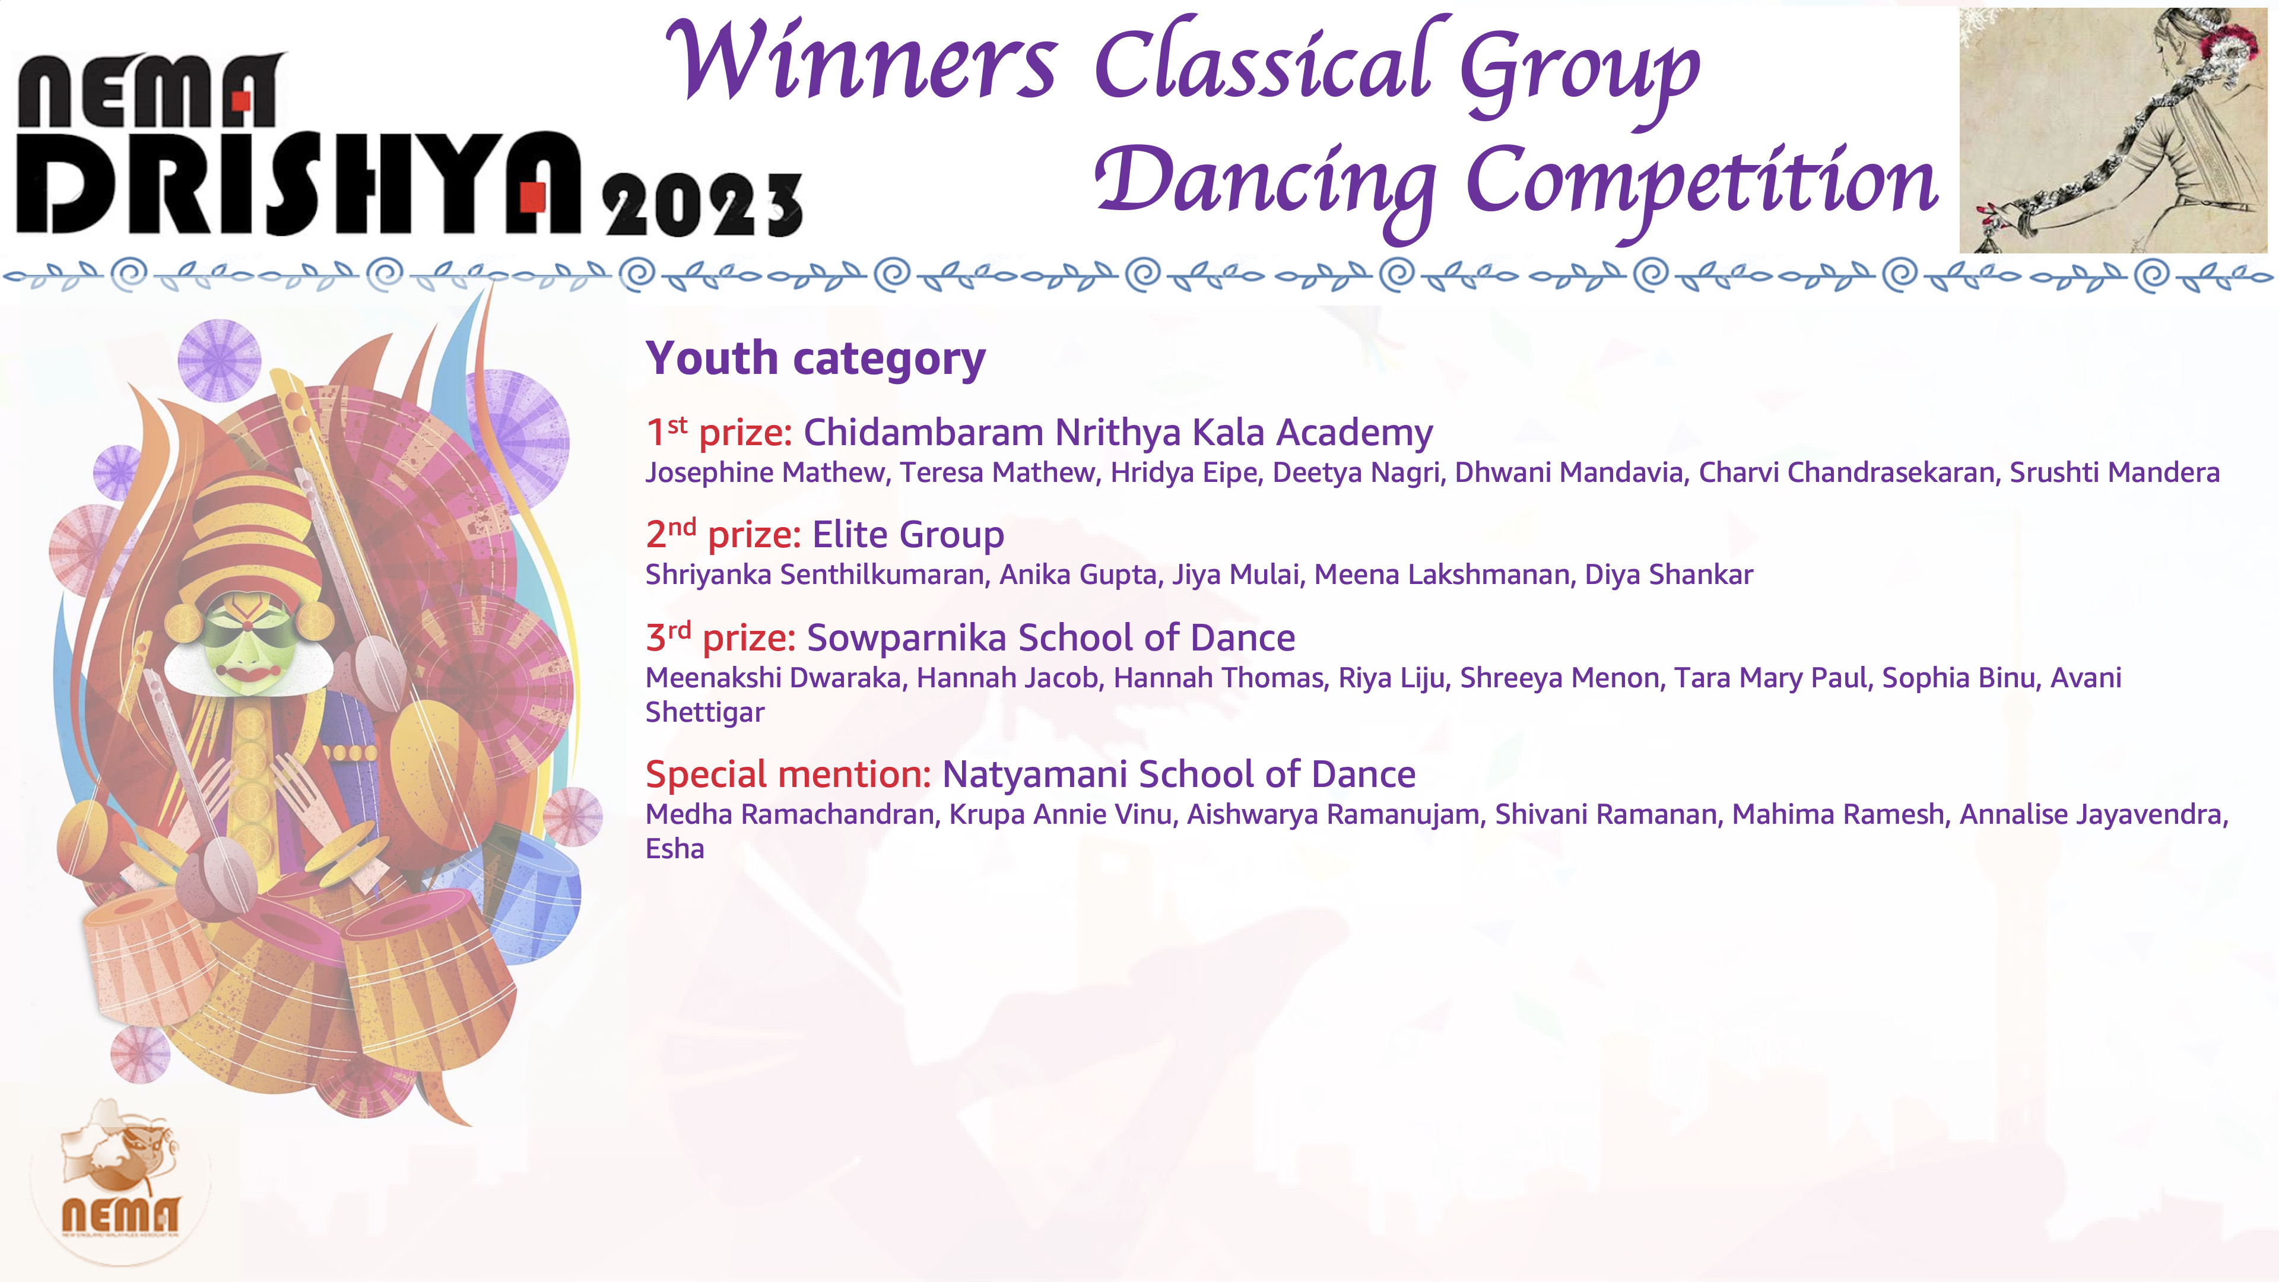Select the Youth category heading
click(x=815, y=359)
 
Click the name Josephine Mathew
click(x=765, y=472)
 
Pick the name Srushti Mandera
click(x=2115, y=472)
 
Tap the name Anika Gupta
click(x=1078, y=575)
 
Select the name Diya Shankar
click(x=1668, y=575)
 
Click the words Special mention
click(x=788, y=775)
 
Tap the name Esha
click(x=674, y=849)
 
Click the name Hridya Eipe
click(x=1184, y=472)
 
